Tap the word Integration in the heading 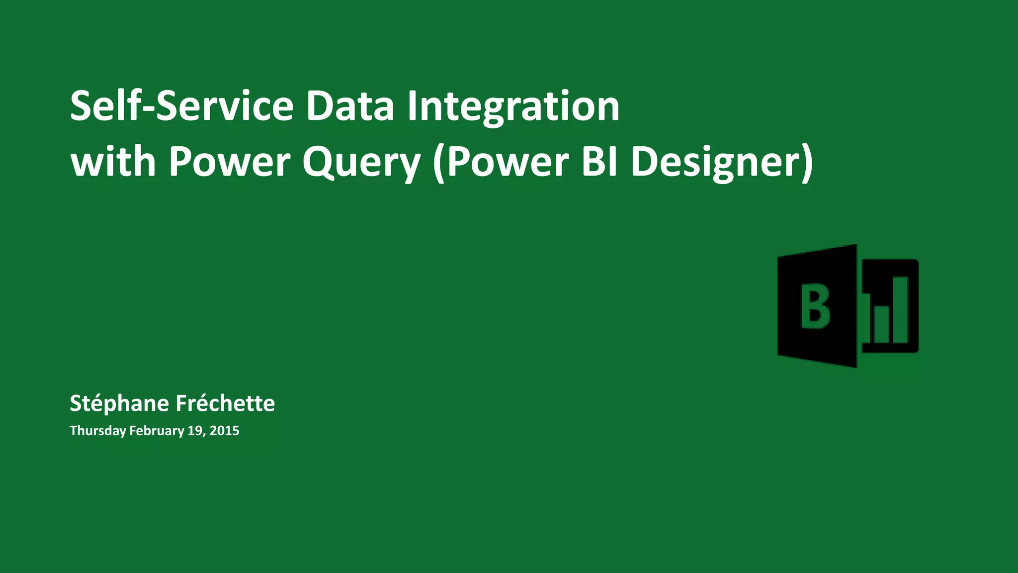(513, 106)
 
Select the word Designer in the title (716, 163)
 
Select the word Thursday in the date (98, 430)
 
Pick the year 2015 (224, 430)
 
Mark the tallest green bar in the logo (901, 309)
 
